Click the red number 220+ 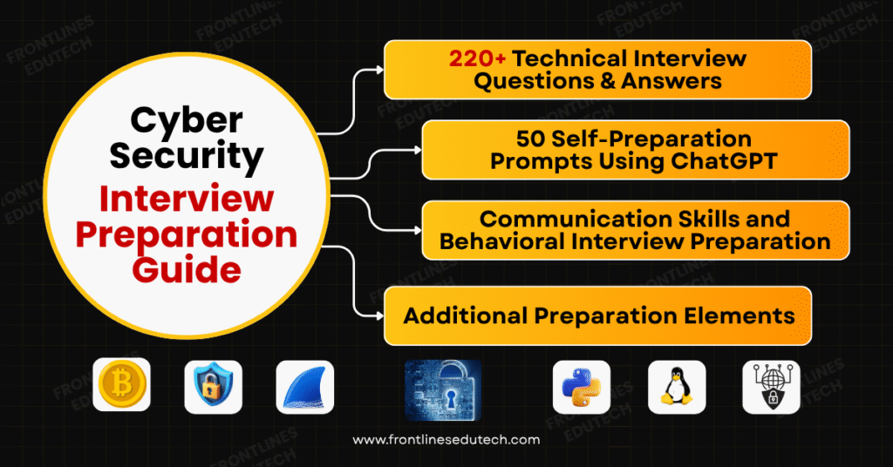pyautogui.click(x=478, y=59)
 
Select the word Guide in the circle pyautogui.click(x=198, y=268)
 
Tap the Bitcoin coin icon pyautogui.click(x=121, y=386)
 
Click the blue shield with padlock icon pyautogui.click(x=213, y=386)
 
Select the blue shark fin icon pyautogui.click(x=304, y=387)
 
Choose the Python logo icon pyautogui.click(x=581, y=386)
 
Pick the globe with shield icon pyautogui.click(x=771, y=386)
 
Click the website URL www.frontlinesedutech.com pyautogui.click(x=446, y=440)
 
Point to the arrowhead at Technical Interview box pyautogui.click(x=379, y=68)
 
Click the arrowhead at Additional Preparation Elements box pyautogui.click(x=379, y=315)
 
